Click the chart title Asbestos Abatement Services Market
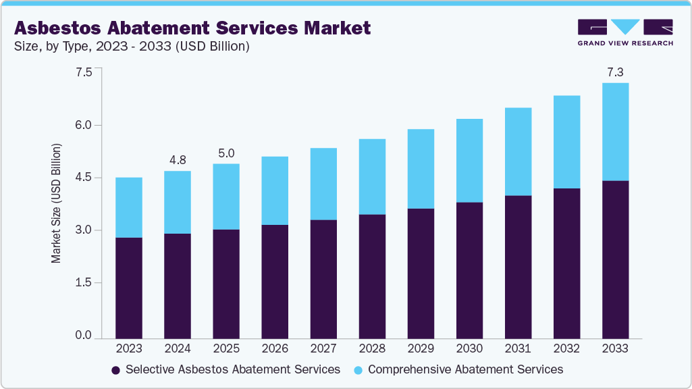192,28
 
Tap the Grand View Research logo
625,32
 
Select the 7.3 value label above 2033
615,71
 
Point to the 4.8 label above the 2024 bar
178,160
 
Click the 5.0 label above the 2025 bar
226,153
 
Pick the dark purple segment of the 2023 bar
129,288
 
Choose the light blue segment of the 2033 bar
615,132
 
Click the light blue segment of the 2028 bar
372,176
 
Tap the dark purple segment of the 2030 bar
469,270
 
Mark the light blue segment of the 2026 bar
275,190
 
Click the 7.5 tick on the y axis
84,72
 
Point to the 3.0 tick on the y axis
84,230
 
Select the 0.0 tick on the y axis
84,336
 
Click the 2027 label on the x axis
323,349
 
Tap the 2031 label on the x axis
518,349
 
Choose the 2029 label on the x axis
421,349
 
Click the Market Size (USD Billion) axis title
56,203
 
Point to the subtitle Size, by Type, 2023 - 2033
132,47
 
